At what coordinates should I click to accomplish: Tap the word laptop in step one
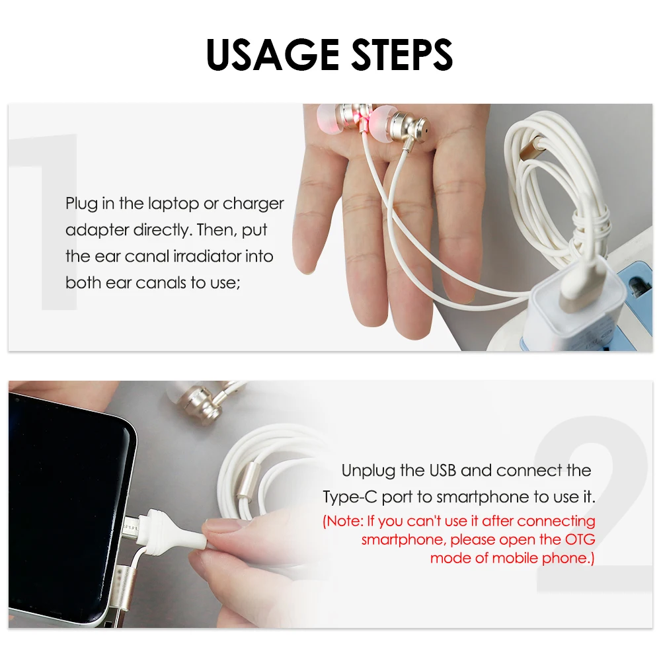click(179, 204)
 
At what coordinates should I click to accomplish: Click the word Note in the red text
click(345, 522)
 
